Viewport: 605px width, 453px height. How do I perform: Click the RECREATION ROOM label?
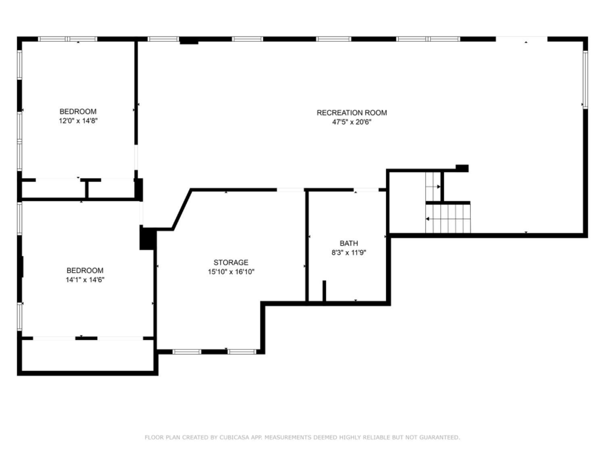[x=351, y=113]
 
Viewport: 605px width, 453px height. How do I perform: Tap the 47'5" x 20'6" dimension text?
[x=351, y=122]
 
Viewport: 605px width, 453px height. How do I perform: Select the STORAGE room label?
[x=231, y=263]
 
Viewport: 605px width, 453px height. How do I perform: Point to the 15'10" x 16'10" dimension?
[x=231, y=272]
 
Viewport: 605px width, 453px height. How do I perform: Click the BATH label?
[x=348, y=244]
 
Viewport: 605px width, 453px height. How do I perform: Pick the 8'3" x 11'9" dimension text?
[x=348, y=252]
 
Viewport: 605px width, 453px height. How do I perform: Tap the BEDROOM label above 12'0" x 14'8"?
[x=78, y=112]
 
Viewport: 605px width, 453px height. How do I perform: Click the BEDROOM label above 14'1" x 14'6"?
[x=85, y=270]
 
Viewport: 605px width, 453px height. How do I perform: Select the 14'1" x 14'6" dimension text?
[x=85, y=280]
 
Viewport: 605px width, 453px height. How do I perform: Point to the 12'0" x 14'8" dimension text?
[x=78, y=121]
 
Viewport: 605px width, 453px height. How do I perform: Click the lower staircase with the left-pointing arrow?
[x=448, y=219]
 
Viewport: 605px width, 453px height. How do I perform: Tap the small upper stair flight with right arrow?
[x=433, y=187]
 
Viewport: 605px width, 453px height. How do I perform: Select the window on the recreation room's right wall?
[x=585, y=80]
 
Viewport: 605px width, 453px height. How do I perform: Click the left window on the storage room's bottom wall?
[x=187, y=352]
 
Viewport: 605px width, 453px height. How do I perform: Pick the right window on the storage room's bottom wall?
[x=242, y=352]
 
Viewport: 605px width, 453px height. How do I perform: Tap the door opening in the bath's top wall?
[x=366, y=190]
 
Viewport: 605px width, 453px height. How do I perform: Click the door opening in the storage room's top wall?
[x=290, y=190]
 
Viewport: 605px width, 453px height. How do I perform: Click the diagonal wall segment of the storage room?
[x=182, y=209]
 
